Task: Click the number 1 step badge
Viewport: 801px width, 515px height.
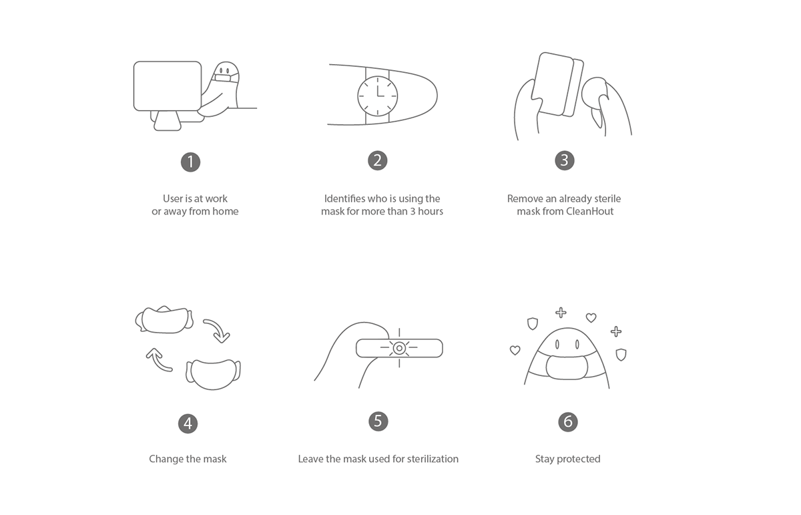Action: tap(191, 162)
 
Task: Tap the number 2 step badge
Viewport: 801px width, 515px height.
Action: tap(378, 160)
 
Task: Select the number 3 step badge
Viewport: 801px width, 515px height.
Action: tap(565, 160)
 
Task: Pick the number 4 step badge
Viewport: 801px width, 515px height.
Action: tap(188, 423)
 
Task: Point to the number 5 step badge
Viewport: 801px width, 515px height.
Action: tap(378, 421)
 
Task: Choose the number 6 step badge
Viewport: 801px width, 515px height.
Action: tap(568, 422)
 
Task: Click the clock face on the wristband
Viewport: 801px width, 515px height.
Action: tap(378, 96)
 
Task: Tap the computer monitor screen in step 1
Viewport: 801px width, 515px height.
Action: tap(168, 86)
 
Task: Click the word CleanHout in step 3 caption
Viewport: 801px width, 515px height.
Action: tap(589, 212)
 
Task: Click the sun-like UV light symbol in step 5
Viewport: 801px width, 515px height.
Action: tap(399, 348)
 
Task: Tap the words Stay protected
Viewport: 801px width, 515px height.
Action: tap(568, 459)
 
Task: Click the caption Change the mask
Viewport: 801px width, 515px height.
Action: tap(188, 459)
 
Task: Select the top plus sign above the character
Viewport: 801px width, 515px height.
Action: tap(561, 313)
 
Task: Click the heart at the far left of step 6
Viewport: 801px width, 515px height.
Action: tap(515, 350)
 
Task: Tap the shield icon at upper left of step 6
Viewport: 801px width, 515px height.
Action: tap(533, 323)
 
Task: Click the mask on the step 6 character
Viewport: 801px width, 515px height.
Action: tap(567, 367)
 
